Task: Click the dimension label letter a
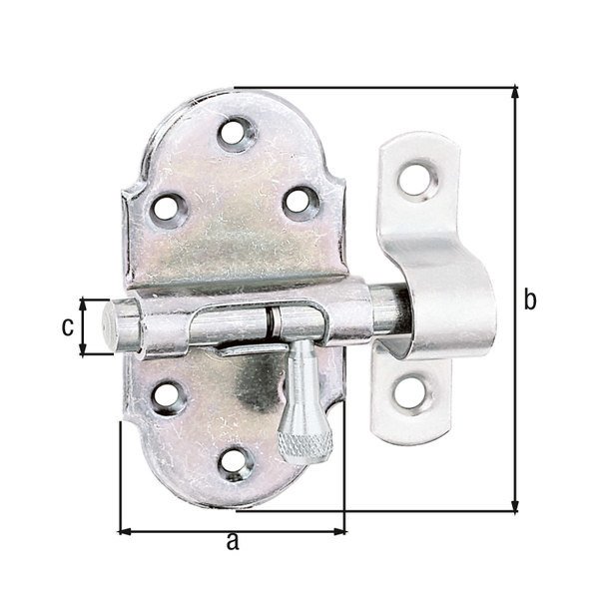(x=233, y=541)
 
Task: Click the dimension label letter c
(x=68, y=327)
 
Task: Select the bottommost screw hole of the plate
(x=235, y=463)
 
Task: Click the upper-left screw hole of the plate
(x=168, y=210)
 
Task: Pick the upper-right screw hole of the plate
(x=299, y=203)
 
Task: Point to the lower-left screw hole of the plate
(x=168, y=396)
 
